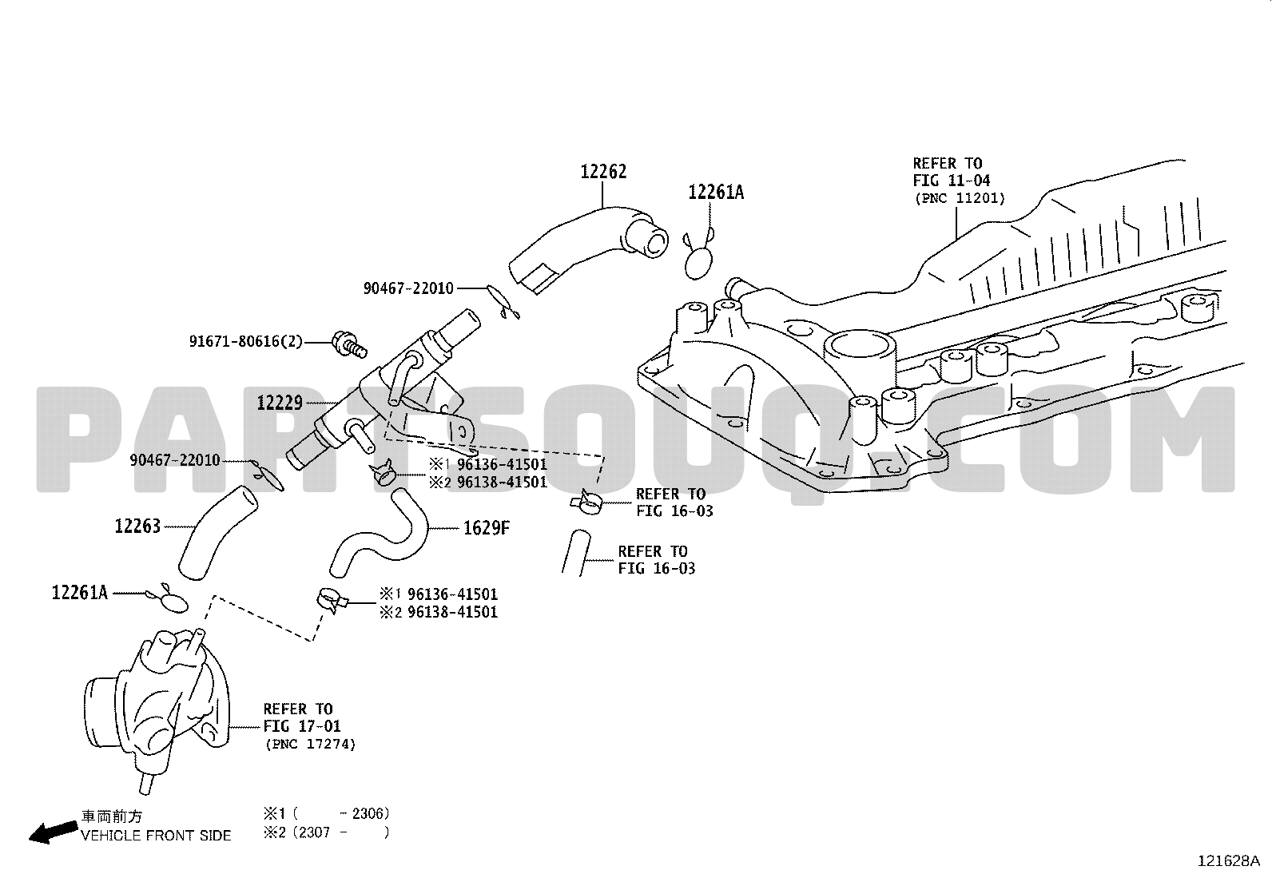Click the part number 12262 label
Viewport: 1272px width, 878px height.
pos(603,172)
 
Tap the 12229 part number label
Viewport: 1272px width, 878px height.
pos(280,403)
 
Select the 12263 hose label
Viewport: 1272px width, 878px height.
pos(137,526)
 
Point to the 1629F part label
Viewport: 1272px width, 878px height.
pos(487,528)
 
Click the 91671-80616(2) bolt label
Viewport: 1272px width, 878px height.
pos(246,341)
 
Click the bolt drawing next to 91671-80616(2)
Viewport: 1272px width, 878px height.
pos(349,344)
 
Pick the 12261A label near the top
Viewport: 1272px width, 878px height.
pos(716,193)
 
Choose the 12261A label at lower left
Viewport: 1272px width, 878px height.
pos(80,593)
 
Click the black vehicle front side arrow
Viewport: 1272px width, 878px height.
pos(54,832)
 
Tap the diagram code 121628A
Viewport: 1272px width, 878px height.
pos(1228,861)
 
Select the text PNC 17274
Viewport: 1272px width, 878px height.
pos(311,744)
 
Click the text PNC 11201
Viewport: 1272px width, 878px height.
pos(960,198)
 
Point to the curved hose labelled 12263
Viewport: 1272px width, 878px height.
pos(217,531)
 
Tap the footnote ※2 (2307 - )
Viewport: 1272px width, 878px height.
pos(327,832)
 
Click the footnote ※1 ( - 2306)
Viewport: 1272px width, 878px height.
pos(327,814)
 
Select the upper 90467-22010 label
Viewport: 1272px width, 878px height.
pos(408,288)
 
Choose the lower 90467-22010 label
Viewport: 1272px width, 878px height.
pos(175,460)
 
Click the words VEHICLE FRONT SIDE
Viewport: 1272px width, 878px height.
pos(156,836)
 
